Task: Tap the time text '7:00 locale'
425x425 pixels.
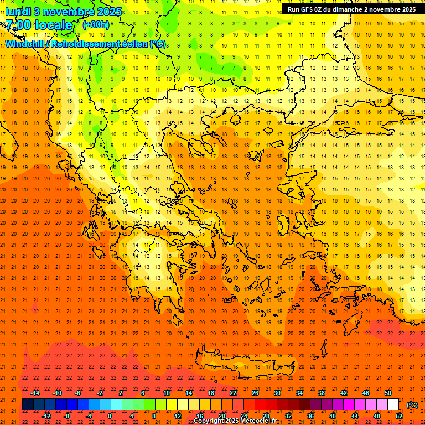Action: [x=39, y=25]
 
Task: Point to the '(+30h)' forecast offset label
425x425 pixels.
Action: [x=96, y=25]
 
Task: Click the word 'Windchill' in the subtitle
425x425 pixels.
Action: [x=25, y=44]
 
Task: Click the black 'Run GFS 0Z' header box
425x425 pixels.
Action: [x=351, y=9]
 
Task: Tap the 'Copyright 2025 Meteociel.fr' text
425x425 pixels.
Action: [x=235, y=421]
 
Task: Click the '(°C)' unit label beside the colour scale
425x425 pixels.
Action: [x=412, y=405]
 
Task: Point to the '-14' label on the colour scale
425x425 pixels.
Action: [x=35, y=393]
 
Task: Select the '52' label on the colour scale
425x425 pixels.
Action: [x=399, y=416]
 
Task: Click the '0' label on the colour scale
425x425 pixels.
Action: [x=110, y=416]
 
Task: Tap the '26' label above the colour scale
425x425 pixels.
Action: [x=255, y=393]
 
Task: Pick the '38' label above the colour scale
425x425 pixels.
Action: [x=322, y=393]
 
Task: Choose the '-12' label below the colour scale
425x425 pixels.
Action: [x=46, y=416]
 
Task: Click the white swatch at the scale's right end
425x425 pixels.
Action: [x=393, y=405]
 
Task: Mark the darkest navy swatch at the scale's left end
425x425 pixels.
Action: [x=28, y=405]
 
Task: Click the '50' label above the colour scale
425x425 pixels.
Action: [x=388, y=393]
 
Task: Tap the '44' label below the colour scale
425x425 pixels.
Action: [x=355, y=416]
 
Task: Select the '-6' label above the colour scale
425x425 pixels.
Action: [x=80, y=393]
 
